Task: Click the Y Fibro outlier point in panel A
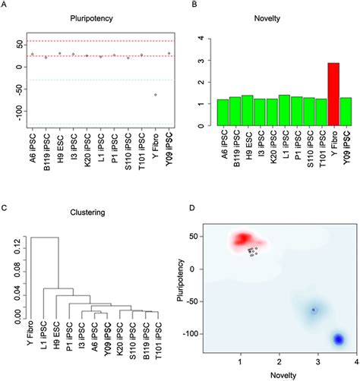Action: (156, 95)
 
